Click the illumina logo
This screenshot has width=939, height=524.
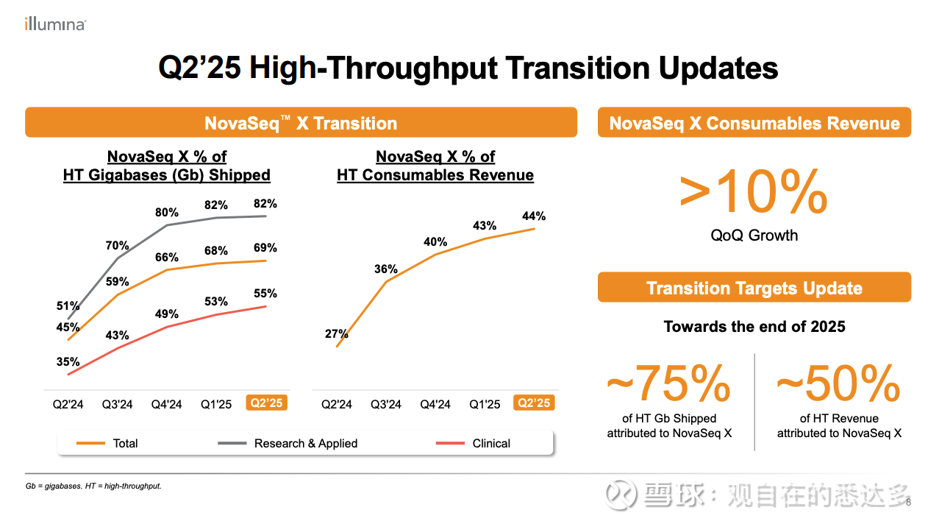pyautogui.click(x=55, y=24)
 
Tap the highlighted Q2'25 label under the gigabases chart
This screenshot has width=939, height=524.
pyautogui.click(x=266, y=403)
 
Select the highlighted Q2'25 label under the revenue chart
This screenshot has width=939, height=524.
pyautogui.click(x=535, y=403)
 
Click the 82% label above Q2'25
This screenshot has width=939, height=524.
pyautogui.click(x=265, y=204)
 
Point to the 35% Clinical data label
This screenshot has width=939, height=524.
pyautogui.click(x=68, y=361)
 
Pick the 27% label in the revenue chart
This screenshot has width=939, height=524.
pyautogui.click(x=336, y=334)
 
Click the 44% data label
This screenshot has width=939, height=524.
pyautogui.click(x=534, y=216)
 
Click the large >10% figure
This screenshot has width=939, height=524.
pyautogui.click(x=754, y=193)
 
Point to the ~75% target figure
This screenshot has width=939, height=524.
pyautogui.click(x=668, y=383)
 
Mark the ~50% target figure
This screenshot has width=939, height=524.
pyautogui.click(x=838, y=383)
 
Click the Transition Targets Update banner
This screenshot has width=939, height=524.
pyautogui.click(x=754, y=288)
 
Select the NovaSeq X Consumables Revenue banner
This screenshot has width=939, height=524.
pyautogui.click(x=754, y=123)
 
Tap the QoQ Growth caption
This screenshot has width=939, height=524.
pyautogui.click(x=754, y=236)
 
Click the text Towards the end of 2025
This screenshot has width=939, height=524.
pyautogui.click(x=754, y=327)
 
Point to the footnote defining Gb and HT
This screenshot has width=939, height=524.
pyautogui.click(x=93, y=486)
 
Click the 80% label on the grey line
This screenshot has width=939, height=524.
pyautogui.click(x=167, y=213)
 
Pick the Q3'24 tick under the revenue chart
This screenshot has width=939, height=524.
pyautogui.click(x=386, y=404)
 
